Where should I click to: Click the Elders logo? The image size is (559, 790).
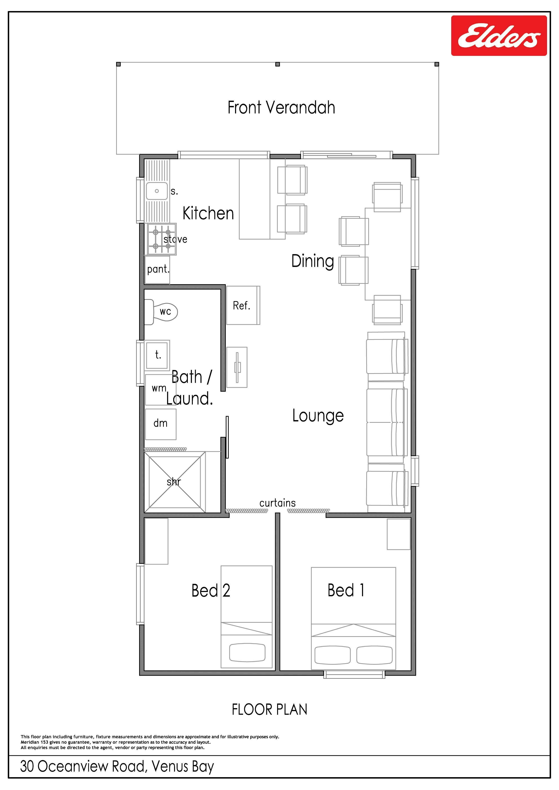(x=499, y=35)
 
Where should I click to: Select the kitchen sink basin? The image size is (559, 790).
(x=157, y=191)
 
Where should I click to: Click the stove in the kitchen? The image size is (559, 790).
(x=162, y=239)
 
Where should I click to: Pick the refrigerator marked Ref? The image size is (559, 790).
(x=243, y=305)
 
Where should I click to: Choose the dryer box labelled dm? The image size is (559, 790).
(x=161, y=424)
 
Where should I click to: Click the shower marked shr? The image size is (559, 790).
(x=175, y=482)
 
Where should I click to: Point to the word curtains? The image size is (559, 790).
(x=278, y=503)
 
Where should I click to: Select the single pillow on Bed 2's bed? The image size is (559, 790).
(x=247, y=653)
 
